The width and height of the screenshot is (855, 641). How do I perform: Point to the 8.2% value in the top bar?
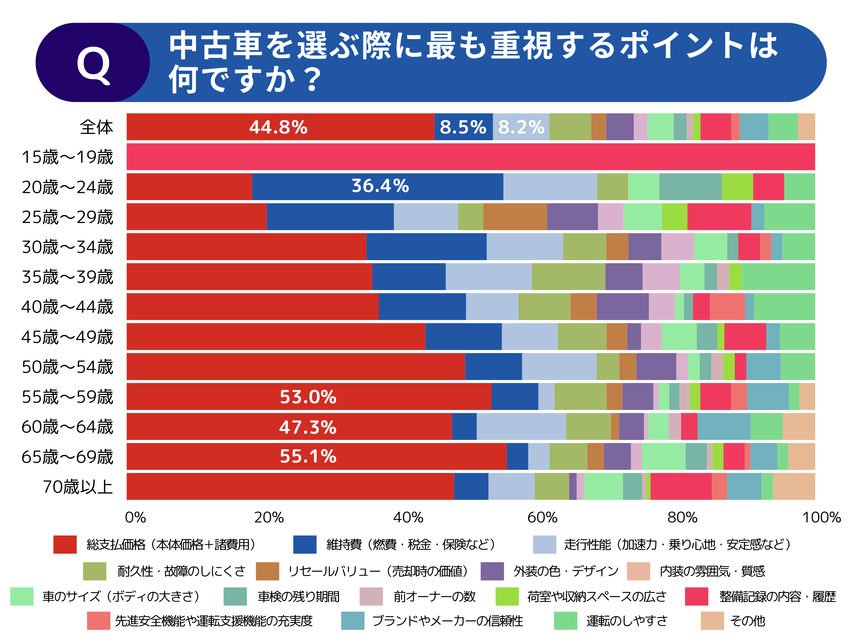(521, 127)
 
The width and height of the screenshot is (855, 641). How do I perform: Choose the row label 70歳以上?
(77, 487)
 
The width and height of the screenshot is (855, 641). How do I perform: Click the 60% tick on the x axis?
(542, 517)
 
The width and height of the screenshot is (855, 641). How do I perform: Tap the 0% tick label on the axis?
(135, 517)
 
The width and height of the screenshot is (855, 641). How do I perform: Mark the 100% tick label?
(821, 517)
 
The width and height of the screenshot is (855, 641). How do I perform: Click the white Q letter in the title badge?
(93, 65)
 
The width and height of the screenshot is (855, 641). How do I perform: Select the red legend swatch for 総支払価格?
(65, 544)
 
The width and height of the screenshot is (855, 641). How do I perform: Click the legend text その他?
(747, 621)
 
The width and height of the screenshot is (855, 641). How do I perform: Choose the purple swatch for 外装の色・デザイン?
(492, 571)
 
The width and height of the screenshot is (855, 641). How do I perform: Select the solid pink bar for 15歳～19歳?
(471, 157)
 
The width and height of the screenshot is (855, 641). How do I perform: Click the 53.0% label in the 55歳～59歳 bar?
(308, 397)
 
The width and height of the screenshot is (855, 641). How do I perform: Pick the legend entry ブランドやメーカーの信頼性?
(447, 621)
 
